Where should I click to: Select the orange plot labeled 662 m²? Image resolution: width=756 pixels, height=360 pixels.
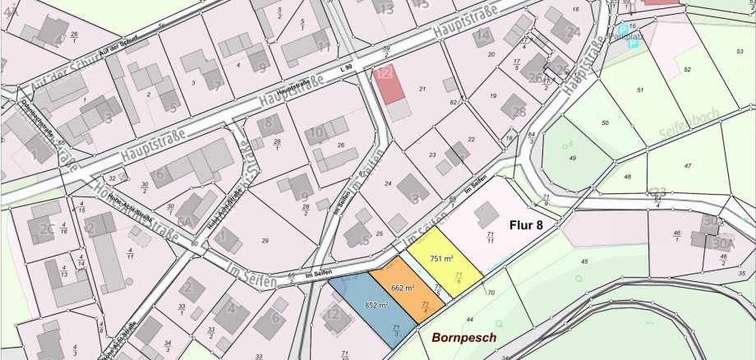pyautogui.click(x=403, y=289)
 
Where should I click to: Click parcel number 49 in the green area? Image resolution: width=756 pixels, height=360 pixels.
pyautogui.click(x=573, y=158)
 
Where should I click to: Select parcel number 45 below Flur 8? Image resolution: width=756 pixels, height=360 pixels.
pyautogui.click(x=584, y=261)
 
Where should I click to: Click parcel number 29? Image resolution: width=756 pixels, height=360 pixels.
pyautogui.click(x=265, y=240)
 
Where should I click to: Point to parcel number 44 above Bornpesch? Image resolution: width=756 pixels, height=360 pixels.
pyautogui.click(x=470, y=319)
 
